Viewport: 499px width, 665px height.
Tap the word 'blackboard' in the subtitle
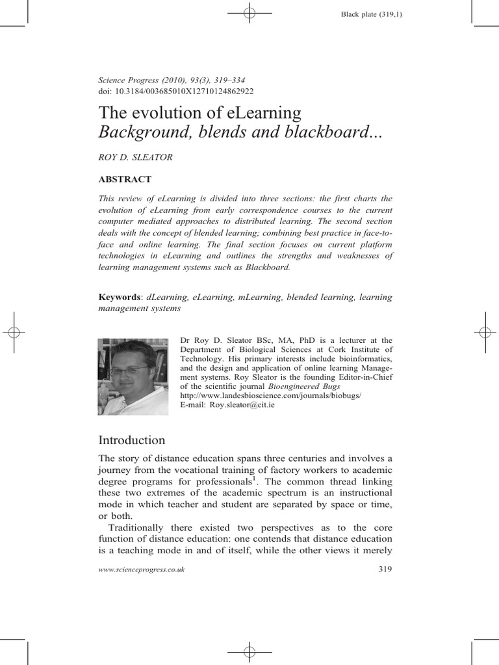click(320, 132)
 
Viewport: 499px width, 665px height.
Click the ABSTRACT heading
click(125, 179)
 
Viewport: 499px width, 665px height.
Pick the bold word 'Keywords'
click(120, 297)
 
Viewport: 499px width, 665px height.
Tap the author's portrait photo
click(133, 376)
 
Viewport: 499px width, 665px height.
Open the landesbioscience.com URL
click(270, 395)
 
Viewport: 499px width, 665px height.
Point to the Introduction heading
click(131, 440)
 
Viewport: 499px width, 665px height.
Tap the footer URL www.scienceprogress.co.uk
click(141, 570)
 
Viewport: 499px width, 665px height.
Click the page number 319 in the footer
click(385, 570)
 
